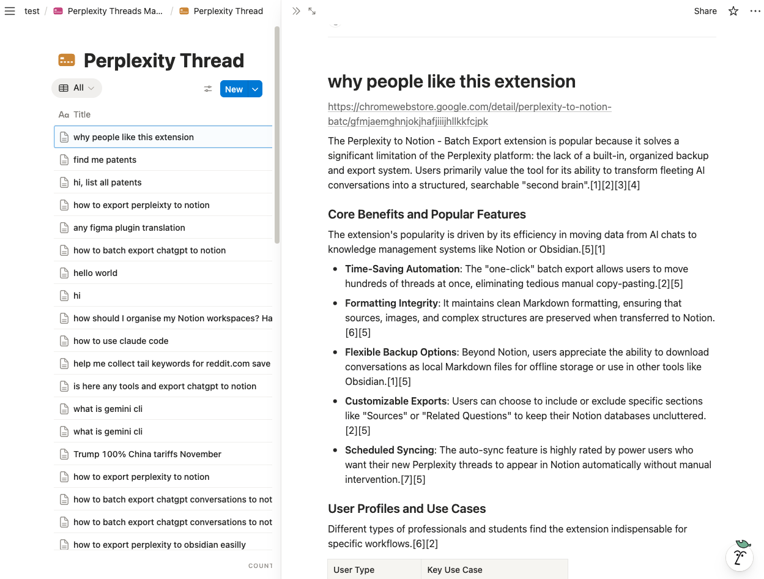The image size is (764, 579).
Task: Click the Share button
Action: (705, 11)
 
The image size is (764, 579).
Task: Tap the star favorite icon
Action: (733, 11)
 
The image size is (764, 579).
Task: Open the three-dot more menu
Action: (755, 11)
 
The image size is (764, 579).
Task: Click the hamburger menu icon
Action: (10, 11)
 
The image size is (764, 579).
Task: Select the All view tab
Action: (76, 88)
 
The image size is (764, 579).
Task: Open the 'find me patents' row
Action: (105, 160)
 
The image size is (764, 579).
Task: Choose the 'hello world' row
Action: (95, 273)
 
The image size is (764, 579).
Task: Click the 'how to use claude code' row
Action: (121, 341)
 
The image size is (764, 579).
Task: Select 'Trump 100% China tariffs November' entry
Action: (147, 454)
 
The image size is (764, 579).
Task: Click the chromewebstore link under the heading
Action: (469, 114)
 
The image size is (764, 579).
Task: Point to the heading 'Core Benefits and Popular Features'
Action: (426, 214)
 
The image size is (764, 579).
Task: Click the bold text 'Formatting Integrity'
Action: (391, 303)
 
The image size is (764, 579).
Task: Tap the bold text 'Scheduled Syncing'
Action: (390, 450)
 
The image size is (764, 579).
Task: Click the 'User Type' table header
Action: (354, 570)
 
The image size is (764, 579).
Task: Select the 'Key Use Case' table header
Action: (454, 570)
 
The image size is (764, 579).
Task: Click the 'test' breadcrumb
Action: (32, 11)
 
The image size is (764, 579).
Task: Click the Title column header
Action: (81, 114)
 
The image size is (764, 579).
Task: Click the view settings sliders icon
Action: (208, 89)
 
